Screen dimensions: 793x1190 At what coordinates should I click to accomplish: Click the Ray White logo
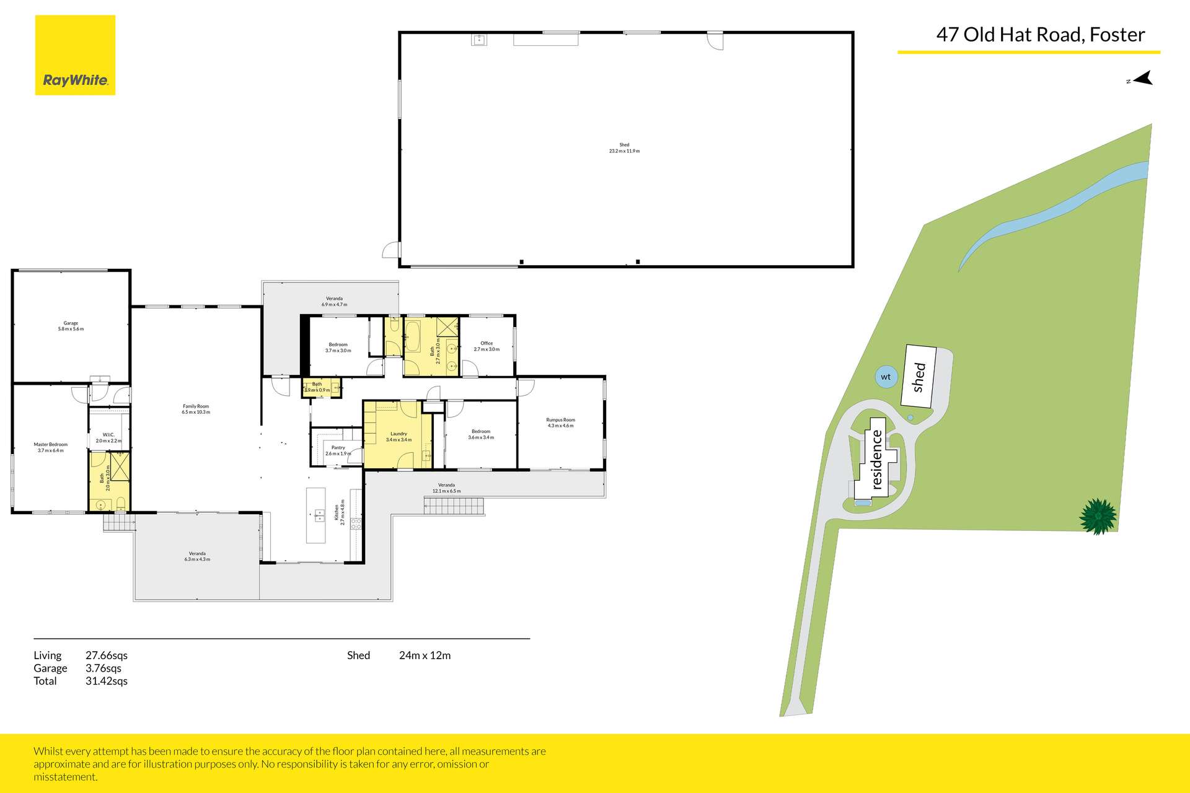(x=75, y=56)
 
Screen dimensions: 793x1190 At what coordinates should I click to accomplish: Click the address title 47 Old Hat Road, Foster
(x=1040, y=35)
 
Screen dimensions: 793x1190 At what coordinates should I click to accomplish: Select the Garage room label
(x=71, y=326)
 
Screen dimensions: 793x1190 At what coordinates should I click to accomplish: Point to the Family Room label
(x=196, y=409)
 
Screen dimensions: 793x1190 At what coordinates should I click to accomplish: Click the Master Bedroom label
(x=50, y=447)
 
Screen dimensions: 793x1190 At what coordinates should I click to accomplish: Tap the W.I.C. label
(x=108, y=437)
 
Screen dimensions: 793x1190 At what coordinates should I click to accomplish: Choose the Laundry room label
(x=399, y=437)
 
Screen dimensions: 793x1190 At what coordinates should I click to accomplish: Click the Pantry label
(x=338, y=450)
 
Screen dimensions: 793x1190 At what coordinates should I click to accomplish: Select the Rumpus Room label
(x=560, y=423)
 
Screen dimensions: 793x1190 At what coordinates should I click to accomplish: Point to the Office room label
(x=487, y=346)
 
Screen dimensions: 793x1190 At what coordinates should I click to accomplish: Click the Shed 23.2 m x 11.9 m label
(x=624, y=147)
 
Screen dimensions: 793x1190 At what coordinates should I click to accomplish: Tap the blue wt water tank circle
(x=886, y=377)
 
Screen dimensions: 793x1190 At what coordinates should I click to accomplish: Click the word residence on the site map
(x=876, y=460)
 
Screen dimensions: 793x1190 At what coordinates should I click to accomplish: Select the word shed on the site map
(x=919, y=377)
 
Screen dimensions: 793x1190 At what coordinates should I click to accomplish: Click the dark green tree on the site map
(x=1098, y=516)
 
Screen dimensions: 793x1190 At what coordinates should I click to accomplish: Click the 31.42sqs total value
(x=107, y=681)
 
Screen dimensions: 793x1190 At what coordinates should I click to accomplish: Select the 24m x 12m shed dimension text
(x=425, y=655)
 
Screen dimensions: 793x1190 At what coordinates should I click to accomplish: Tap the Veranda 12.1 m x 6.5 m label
(x=446, y=488)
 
